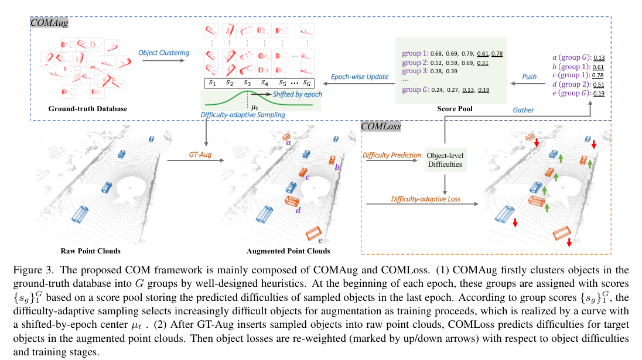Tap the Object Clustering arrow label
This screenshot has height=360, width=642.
163,53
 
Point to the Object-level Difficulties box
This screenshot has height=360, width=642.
445,160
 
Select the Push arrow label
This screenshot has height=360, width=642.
530,77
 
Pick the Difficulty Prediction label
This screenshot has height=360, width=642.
392,155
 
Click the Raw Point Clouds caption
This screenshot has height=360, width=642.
91,251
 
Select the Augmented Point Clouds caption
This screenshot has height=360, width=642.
288,251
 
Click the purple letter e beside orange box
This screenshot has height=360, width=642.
319,241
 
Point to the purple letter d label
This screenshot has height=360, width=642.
298,210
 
